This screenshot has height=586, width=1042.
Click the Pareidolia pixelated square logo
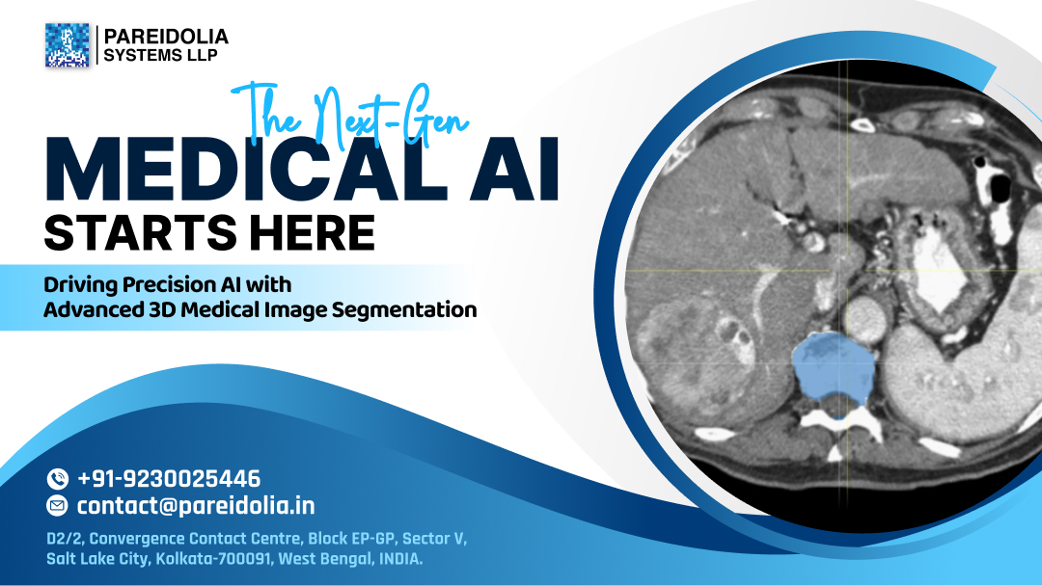(x=67, y=45)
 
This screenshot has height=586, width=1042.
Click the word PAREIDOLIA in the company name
(x=166, y=37)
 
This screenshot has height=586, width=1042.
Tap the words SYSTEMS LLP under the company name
(x=160, y=55)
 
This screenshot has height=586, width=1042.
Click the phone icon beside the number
(x=58, y=478)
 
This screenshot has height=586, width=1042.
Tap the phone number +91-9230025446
(x=169, y=478)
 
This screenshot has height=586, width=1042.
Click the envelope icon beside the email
(x=58, y=506)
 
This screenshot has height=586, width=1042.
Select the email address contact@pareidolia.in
(x=196, y=506)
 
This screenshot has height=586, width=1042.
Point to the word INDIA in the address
(x=398, y=558)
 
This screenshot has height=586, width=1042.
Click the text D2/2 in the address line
(x=64, y=538)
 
